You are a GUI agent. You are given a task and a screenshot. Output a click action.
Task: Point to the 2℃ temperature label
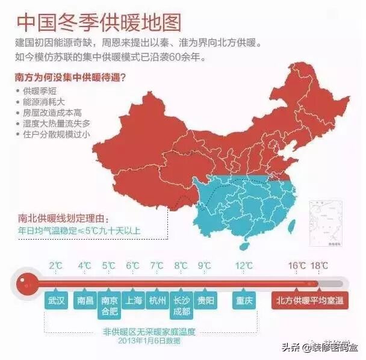[x=56, y=265]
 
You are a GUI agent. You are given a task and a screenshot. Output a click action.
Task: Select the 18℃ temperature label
[x=320, y=265]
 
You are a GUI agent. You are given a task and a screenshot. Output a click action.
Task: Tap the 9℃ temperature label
[x=205, y=265]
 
